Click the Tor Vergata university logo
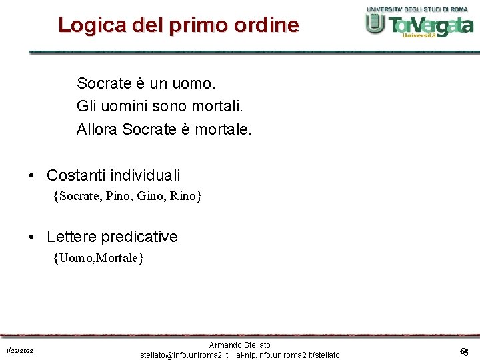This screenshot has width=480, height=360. [x=419, y=23]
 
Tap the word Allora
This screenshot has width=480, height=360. [x=97, y=129]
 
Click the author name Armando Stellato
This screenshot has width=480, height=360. [x=240, y=345]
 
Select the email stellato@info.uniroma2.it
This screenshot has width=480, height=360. [x=185, y=355]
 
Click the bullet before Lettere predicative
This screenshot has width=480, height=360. [x=31, y=237]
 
